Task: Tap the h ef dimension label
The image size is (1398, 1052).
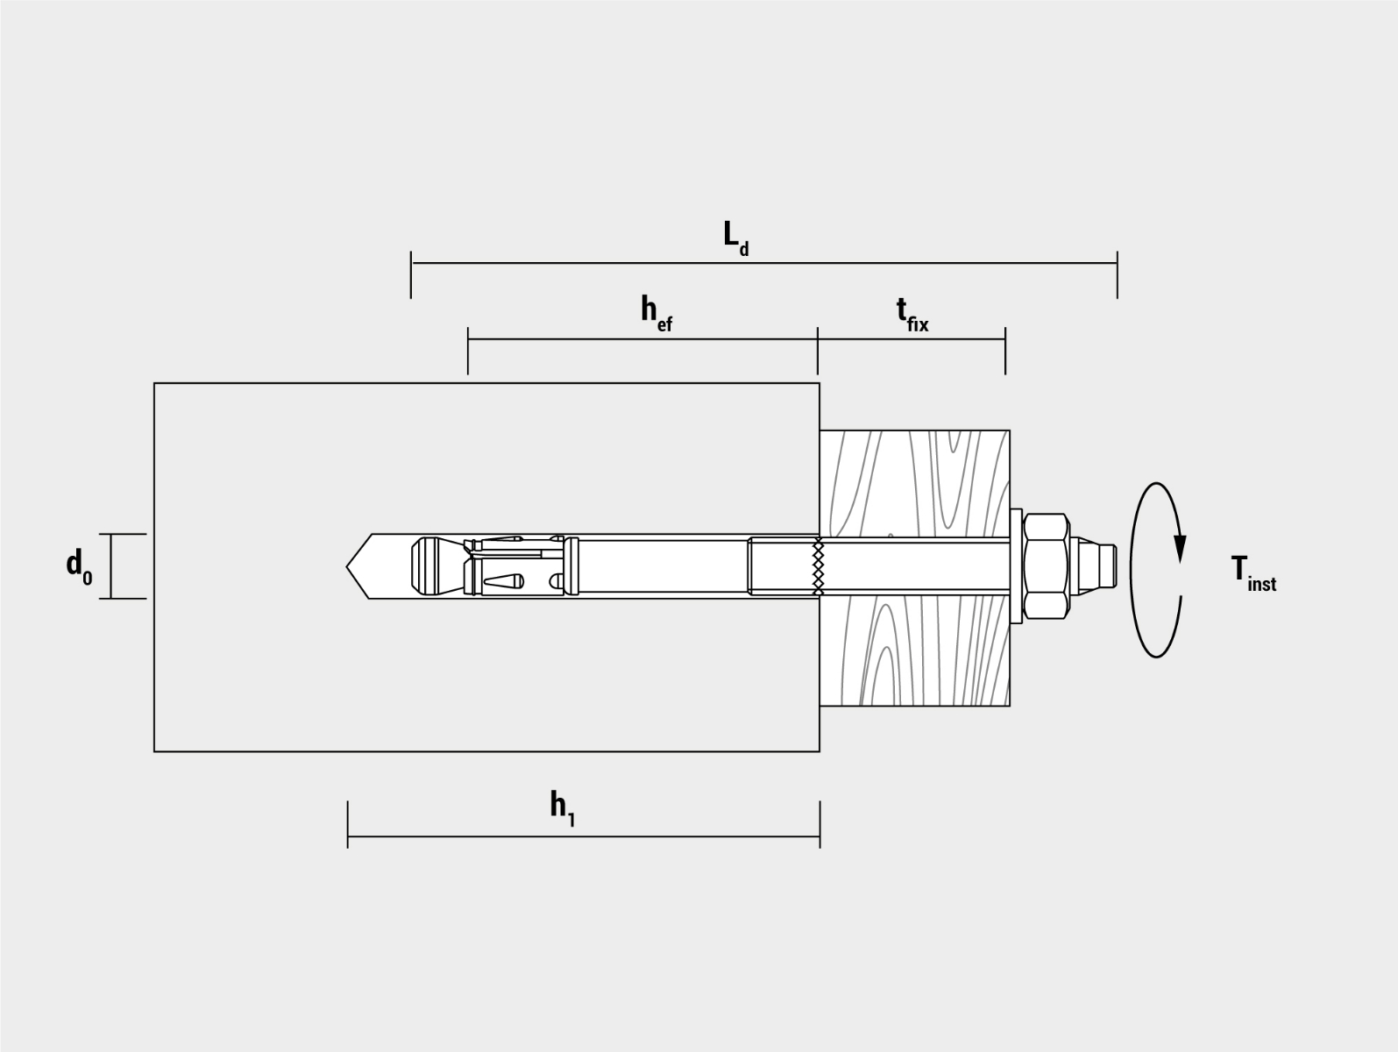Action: click(656, 313)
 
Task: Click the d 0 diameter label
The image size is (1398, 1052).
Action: click(80, 566)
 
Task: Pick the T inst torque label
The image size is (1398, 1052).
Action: click(1253, 573)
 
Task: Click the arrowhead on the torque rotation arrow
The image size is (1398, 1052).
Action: click(1180, 548)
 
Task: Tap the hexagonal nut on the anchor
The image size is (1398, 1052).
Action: click(1046, 566)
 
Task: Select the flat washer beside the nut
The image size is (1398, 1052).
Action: click(1016, 566)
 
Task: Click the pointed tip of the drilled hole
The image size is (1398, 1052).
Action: click(347, 566)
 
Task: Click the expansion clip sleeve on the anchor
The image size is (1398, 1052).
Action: click(514, 566)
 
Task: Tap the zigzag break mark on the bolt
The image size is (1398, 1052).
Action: click(819, 566)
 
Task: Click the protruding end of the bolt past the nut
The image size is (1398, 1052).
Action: click(1093, 566)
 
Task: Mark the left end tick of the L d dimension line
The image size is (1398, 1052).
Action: click(411, 274)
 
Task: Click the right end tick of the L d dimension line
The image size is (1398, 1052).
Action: click(1118, 274)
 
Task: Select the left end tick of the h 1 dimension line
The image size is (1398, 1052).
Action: click(348, 825)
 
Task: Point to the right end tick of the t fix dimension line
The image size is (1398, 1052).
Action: click(1005, 351)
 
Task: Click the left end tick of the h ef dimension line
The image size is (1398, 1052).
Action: click(468, 351)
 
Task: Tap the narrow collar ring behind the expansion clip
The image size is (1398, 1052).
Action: click(571, 566)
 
